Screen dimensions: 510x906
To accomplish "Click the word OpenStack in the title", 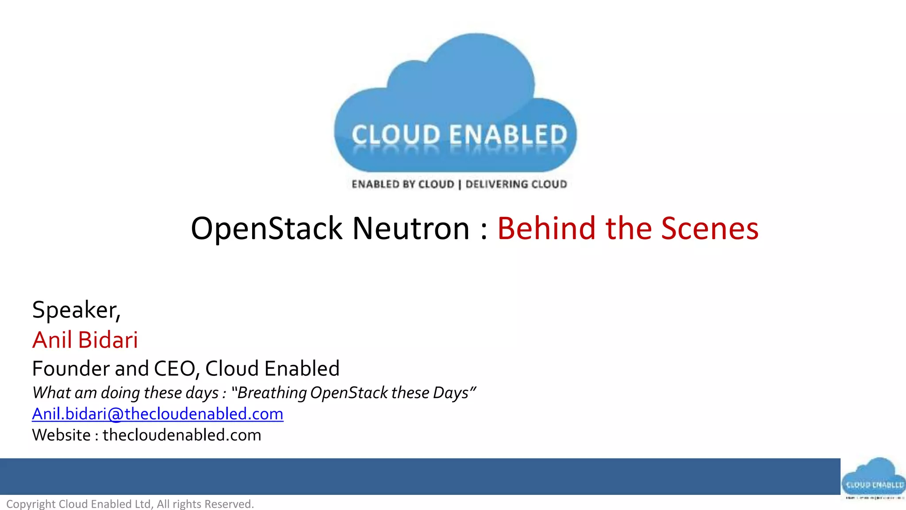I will [x=266, y=229].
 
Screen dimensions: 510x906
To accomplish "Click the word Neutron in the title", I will [x=411, y=229].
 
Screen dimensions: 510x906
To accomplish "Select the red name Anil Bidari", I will [x=85, y=340].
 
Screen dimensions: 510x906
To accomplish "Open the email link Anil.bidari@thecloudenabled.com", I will [x=157, y=414].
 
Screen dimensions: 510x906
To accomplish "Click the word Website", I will [x=61, y=435].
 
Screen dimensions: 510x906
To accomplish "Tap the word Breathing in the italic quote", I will [x=272, y=393].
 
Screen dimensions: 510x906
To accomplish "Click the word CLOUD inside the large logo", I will [x=396, y=135].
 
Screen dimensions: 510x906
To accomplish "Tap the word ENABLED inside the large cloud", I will [x=508, y=135].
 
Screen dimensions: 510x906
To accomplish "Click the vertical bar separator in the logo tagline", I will [x=460, y=185].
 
